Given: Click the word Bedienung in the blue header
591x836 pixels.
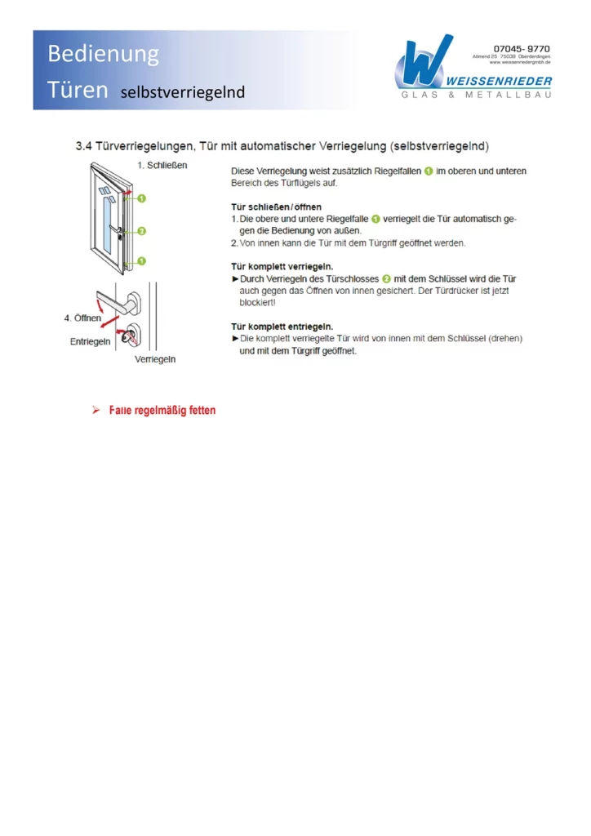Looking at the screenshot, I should tap(103, 55).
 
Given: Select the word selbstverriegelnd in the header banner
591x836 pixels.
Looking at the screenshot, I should tap(182, 92).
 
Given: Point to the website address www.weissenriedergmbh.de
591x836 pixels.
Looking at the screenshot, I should tap(520, 62).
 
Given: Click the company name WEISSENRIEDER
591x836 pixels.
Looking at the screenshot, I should tap(499, 81).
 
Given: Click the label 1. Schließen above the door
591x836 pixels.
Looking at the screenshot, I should tap(162, 165).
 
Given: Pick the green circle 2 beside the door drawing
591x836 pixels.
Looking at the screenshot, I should tap(142, 231).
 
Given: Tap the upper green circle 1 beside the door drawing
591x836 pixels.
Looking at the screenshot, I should tap(142, 198).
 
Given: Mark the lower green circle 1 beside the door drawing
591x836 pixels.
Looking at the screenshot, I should tap(142, 261).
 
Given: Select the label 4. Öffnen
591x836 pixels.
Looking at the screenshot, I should tap(82, 317).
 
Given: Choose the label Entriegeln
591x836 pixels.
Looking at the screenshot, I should tap(90, 341).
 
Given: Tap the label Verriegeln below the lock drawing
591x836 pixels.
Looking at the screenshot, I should tap(155, 359).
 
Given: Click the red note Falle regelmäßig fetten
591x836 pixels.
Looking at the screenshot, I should tap(162, 410).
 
